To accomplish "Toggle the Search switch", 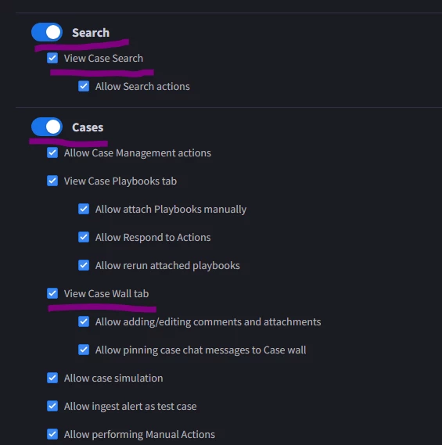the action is click(47, 32).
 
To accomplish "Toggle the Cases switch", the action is click(47, 127).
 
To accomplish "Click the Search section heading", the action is click(91, 33).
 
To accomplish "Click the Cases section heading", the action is click(88, 127).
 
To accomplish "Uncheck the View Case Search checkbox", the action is click(52, 58).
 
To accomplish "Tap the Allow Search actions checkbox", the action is click(84, 86).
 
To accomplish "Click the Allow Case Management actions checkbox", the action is click(52, 153).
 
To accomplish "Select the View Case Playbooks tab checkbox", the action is click(52, 181).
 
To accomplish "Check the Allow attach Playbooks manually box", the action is click(84, 209).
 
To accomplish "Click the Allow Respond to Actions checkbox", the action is click(84, 237).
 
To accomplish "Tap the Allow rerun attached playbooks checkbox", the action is click(84, 265).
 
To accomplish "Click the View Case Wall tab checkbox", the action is click(52, 293).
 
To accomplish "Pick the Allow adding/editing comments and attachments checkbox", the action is click(84, 321).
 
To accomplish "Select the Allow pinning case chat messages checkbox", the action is click(84, 350).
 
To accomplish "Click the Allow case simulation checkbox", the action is click(52, 378).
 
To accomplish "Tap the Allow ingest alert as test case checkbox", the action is click(52, 406).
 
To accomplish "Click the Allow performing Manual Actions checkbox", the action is click(52, 434).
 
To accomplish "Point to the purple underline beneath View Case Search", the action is click(102, 73).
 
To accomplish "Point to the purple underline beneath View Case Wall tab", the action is click(102, 308).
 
